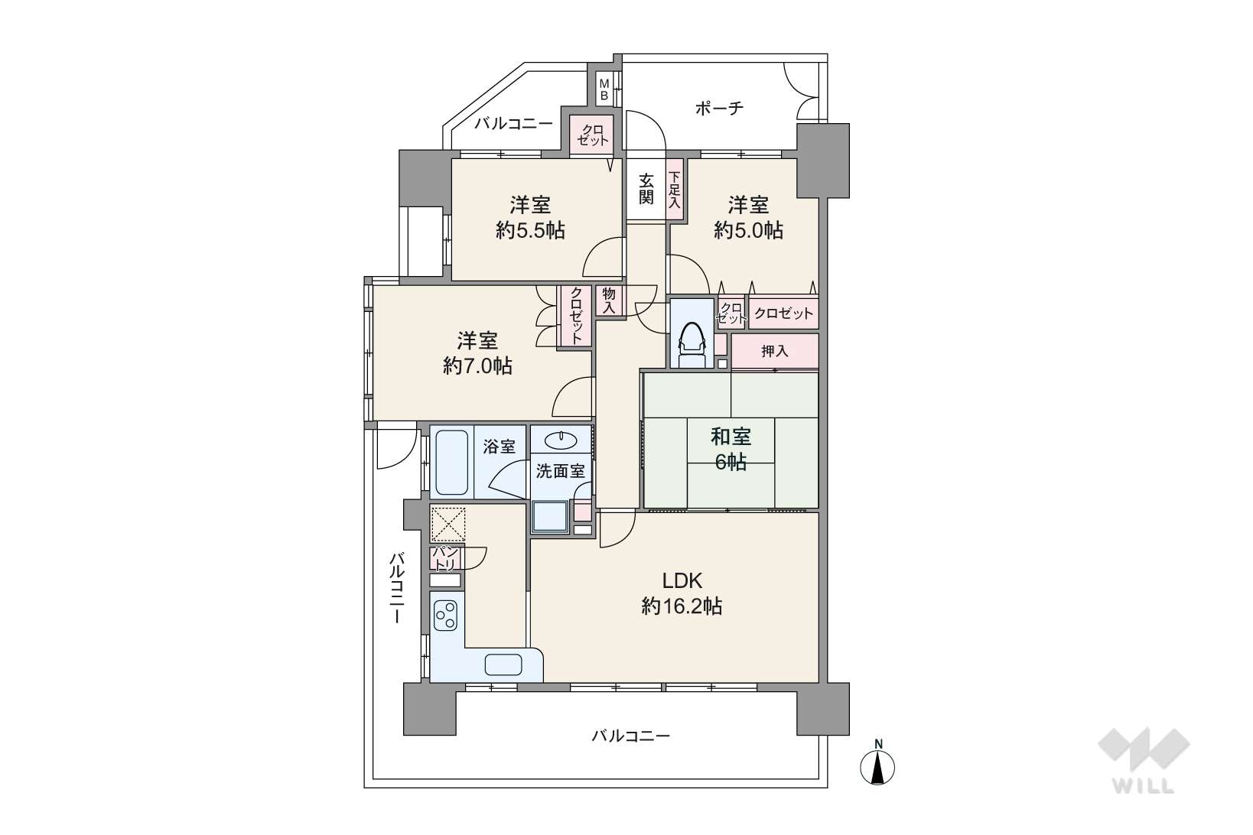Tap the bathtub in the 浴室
(x=451, y=463)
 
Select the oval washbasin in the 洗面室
(x=561, y=440)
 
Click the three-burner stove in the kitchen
(x=447, y=616)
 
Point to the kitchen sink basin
(x=503, y=664)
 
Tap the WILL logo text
(x=1144, y=786)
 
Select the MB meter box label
(x=604, y=90)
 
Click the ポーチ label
(x=719, y=108)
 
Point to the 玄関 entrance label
(x=646, y=188)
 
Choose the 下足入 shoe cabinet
(x=675, y=190)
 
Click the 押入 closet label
(x=775, y=351)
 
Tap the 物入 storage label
(x=609, y=301)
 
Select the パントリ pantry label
(x=445, y=559)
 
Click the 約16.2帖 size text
(x=682, y=606)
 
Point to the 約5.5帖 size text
(x=529, y=230)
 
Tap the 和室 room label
(x=731, y=437)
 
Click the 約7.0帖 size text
(x=477, y=366)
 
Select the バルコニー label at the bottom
(x=631, y=736)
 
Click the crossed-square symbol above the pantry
(x=447, y=525)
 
